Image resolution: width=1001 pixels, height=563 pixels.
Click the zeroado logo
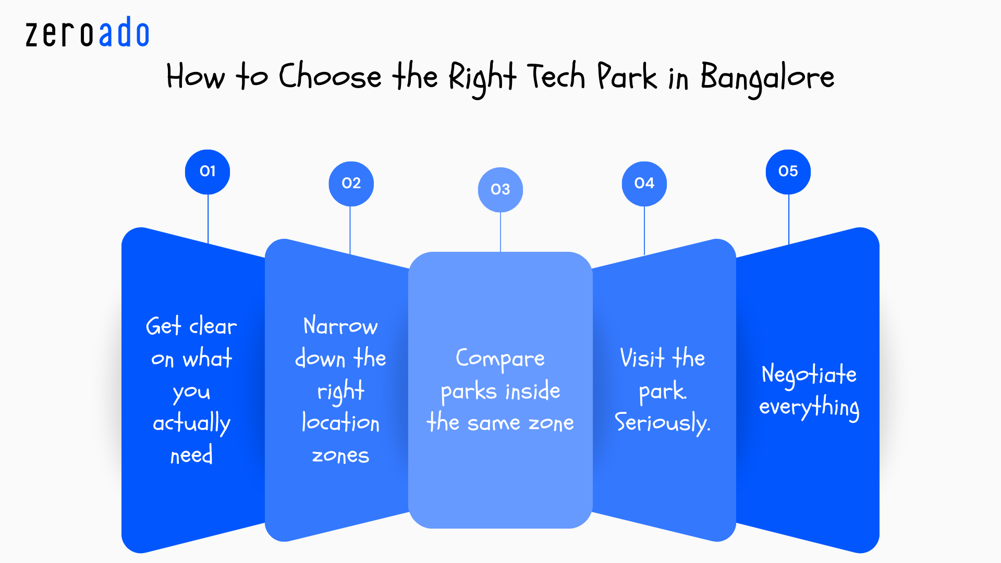coord(88,33)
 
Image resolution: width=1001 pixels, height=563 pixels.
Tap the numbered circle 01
coord(207,172)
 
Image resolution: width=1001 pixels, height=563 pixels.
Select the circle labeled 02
coord(351,183)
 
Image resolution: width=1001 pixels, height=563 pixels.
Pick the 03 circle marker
coord(500,189)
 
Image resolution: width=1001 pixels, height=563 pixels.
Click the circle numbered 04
coord(644,183)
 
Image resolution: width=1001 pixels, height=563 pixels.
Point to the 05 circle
coord(788,172)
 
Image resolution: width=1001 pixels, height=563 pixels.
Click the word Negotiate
coord(809,375)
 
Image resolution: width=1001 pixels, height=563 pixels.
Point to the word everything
coord(809,407)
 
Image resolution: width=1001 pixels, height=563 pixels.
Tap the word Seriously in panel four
coord(662,423)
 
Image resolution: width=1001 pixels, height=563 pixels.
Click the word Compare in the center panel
coord(500,359)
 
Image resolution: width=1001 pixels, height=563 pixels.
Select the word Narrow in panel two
coord(340,326)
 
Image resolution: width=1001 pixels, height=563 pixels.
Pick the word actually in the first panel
coord(191,423)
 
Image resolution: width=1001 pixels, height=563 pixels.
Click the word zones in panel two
coord(340,456)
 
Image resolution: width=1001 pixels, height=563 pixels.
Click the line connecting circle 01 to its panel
coord(208,219)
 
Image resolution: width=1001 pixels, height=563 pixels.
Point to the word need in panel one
coord(191,456)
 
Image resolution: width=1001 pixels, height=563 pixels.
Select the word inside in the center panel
coord(533,391)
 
